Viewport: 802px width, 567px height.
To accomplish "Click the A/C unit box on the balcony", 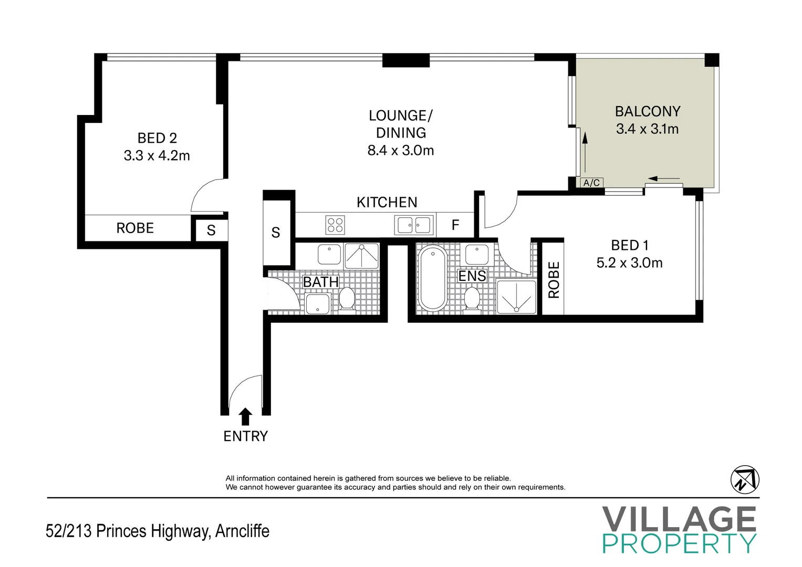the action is (591, 183).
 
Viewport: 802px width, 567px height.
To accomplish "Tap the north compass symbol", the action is (745, 480).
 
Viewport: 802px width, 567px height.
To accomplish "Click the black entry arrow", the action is (245, 417).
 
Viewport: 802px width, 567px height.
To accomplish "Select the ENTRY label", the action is (246, 436).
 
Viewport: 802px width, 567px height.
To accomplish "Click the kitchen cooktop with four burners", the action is (335, 225).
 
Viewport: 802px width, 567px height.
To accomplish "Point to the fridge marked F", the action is (455, 225).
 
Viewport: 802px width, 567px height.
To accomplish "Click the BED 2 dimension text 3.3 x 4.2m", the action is (157, 156).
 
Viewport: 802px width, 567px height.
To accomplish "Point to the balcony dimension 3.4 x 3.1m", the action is (648, 129).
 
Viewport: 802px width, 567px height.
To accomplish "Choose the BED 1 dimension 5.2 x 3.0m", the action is (629, 262).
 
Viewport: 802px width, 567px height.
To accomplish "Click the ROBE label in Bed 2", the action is (135, 228).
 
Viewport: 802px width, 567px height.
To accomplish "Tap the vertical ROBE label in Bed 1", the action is (554, 279).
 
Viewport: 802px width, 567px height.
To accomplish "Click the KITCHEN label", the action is (387, 203).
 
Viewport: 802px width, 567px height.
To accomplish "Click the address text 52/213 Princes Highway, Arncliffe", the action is (158, 531).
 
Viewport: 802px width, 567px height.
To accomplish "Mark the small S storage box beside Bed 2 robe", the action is (211, 230).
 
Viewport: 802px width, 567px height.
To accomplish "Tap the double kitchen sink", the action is (414, 225).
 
